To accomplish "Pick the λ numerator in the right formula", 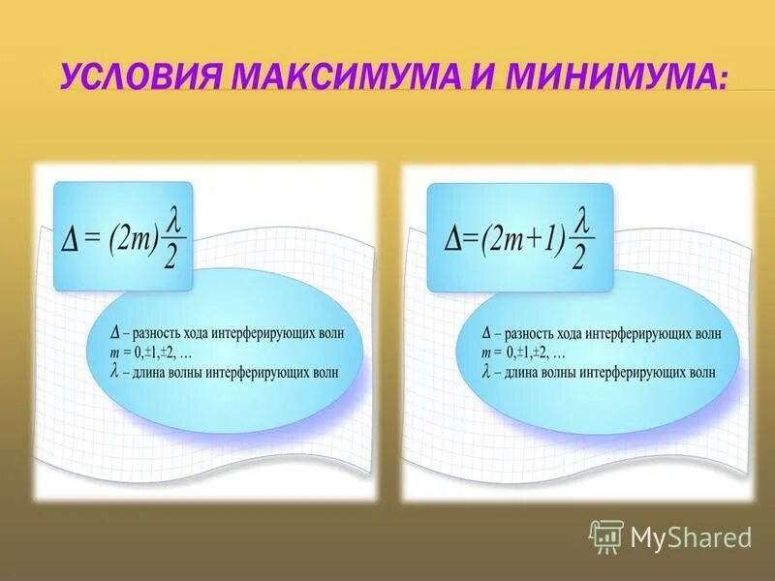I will point(581,220).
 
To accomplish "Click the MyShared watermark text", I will point(691,537).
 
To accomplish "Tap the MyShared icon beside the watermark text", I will point(606,536).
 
